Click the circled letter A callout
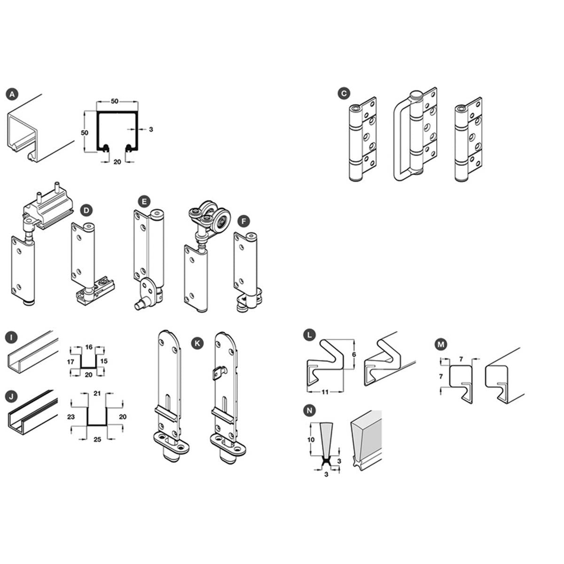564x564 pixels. (x=12, y=94)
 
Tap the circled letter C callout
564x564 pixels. (x=344, y=94)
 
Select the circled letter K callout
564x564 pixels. (x=197, y=343)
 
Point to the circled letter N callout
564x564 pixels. (x=310, y=411)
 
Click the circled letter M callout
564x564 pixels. (x=441, y=345)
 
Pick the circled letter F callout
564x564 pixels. (x=244, y=221)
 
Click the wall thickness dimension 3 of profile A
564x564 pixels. (x=151, y=129)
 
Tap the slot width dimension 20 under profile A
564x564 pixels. (x=117, y=162)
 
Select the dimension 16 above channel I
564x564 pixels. (x=89, y=347)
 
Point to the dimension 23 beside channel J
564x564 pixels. (x=71, y=416)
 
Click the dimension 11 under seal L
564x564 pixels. (x=325, y=392)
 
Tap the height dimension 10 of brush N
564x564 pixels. (x=311, y=439)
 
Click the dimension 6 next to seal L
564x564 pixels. (x=354, y=354)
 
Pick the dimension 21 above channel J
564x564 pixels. (x=97, y=393)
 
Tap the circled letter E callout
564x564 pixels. (x=144, y=202)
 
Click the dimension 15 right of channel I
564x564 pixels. (x=104, y=361)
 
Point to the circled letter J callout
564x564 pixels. (x=11, y=397)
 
